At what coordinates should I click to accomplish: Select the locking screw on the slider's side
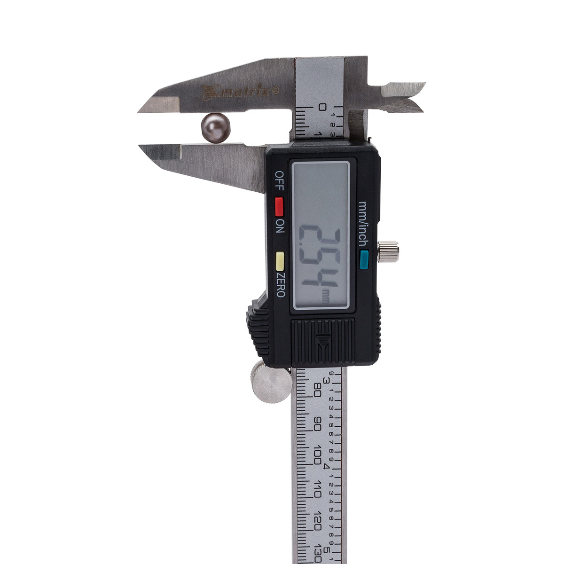click(388, 251)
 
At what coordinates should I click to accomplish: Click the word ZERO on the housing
click(280, 285)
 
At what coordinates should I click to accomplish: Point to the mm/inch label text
click(363, 224)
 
